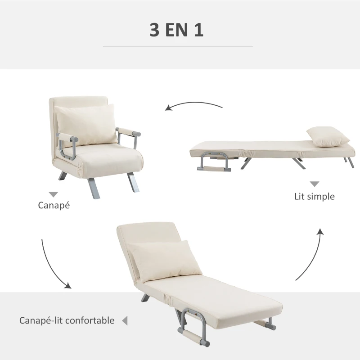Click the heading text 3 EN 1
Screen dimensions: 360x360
click(x=176, y=30)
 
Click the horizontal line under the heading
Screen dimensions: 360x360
click(x=178, y=46)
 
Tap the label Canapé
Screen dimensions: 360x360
click(x=54, y=205)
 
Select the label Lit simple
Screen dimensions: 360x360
click(x=315, y=197)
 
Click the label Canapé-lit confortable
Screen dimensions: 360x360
click(x=67, y=320)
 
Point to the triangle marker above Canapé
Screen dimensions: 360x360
click(x=53, y=194)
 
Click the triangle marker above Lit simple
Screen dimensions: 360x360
click(x=315, y=184)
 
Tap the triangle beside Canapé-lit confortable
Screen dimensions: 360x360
click(x=125, y=320)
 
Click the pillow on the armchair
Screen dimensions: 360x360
click(x=86, y=125)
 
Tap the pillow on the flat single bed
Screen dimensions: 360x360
click(x=328, y=136)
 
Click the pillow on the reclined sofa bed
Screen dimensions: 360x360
click(x=164, y=261)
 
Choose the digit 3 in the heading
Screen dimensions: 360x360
click(x=154, y=30)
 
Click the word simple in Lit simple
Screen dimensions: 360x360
click(x=321, y=197)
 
